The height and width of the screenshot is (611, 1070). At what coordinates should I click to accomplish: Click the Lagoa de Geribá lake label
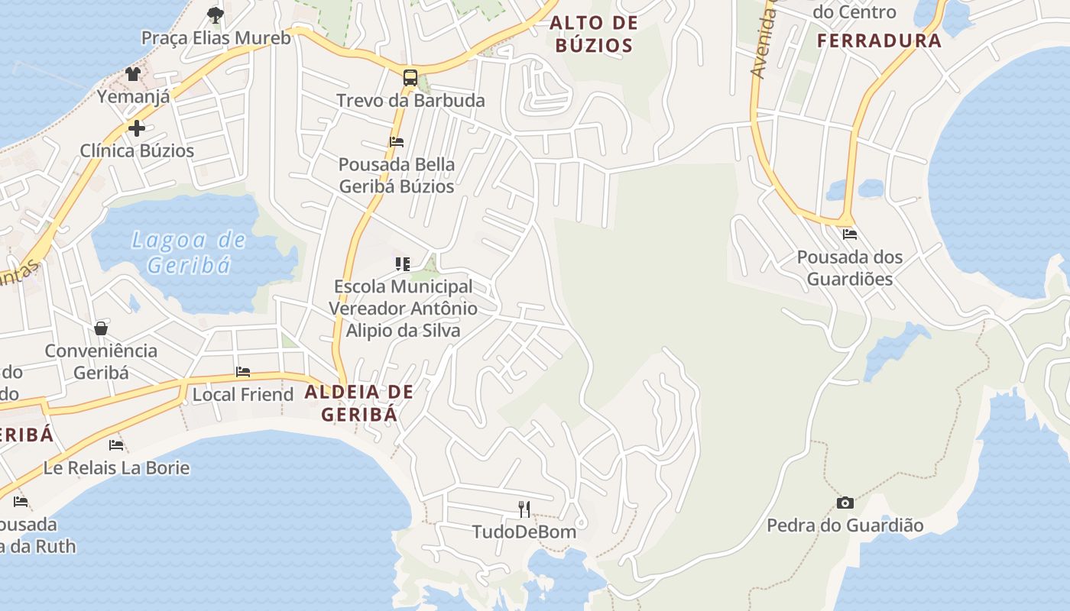pos(189,252)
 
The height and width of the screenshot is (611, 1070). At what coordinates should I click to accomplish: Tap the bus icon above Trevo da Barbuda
pos(410,77)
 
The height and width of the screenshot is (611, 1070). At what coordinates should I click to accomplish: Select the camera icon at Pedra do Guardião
pos(845,502)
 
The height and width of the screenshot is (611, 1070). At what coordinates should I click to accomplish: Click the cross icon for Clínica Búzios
pos(137,128)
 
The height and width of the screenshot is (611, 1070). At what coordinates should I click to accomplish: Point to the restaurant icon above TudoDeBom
pos(524,509)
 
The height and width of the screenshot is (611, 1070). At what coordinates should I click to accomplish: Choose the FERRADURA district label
pos(879,40)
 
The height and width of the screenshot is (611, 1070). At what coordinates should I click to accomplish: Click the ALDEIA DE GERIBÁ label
pos(359,403)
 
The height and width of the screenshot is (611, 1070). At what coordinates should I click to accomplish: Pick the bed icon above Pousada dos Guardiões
pos(850,234)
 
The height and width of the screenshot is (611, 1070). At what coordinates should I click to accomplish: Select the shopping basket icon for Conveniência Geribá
pos(101,328)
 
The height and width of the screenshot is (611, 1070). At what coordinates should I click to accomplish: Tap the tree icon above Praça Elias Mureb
pos(216,15)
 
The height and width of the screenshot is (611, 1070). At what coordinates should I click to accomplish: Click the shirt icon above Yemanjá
pos(133,73)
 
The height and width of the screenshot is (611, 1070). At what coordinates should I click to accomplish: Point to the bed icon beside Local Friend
pos(243,372)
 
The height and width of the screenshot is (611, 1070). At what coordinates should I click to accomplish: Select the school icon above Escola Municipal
pos(403,264)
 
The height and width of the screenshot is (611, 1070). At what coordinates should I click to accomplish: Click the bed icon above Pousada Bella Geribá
pos(397,141)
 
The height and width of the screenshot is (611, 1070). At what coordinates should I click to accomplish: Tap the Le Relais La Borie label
pos(116,467)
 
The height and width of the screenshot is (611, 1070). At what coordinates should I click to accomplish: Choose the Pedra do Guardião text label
pos(845,525)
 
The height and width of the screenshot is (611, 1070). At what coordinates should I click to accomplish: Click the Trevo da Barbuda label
pos(410,100)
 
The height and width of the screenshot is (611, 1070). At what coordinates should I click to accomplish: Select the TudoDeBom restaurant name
pos(524,532)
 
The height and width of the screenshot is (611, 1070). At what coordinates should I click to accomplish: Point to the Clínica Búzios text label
pos(138,150)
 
